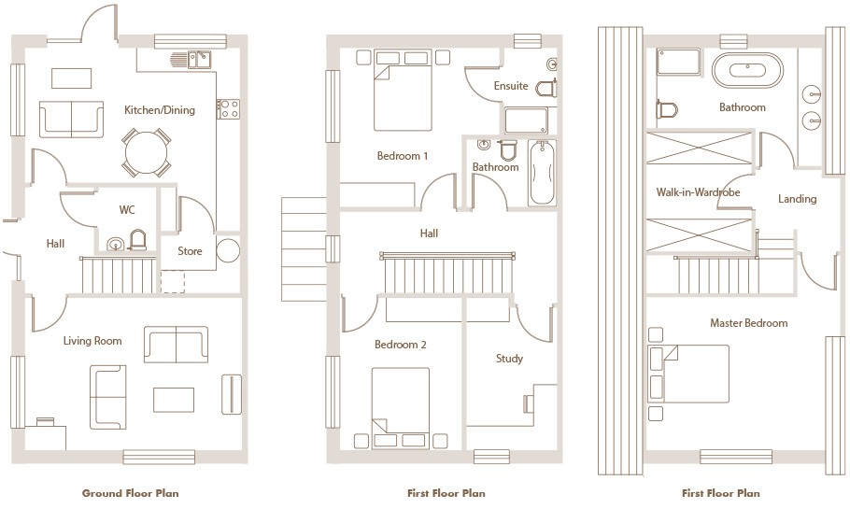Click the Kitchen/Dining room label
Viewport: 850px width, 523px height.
click(x=160, y=110)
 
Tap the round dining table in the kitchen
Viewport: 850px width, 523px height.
click(x=146, y=152)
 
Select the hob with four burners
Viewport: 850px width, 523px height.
click(x=228, y=109)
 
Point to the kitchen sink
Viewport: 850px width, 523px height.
click(x=199, y=60)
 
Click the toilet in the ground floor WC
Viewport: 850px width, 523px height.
click(x=137, y=240)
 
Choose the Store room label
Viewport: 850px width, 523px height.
click(x=190, y=251)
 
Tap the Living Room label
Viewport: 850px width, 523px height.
click(x=92, y=341)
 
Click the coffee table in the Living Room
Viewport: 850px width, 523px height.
click(x=174, y=400)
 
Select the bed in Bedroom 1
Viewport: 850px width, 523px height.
click(x=403, y=91)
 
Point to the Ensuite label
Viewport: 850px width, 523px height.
click(x=511, y=86)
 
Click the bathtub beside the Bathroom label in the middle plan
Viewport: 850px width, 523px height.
click(x=542, y=173)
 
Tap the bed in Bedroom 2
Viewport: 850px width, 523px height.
click(x=401, y=408)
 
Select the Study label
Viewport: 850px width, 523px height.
click(x=509, y=359)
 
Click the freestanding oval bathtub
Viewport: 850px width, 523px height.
click(x=747, y=70)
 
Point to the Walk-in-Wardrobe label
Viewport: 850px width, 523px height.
click(x=698, y=191)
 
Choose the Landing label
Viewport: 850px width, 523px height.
click(x=797, y=199)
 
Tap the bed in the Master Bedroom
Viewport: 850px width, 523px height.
click(x=688, y=374)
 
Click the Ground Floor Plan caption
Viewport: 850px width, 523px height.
click(x=130, y=493)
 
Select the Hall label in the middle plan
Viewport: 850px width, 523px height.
click(x=429, y=233)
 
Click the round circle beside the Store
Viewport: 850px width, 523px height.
click(x=228, y=251)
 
